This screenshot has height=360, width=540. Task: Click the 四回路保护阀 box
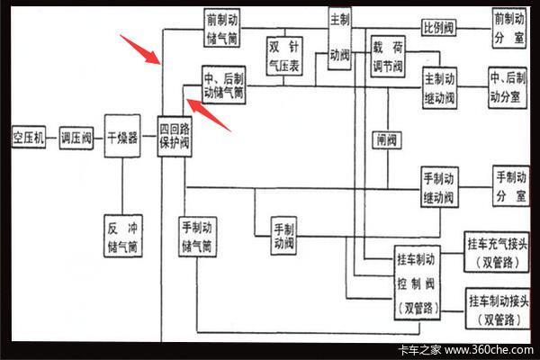(174, 137)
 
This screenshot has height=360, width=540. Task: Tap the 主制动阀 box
(339, 38)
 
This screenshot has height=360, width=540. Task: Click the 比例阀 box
(438, 26)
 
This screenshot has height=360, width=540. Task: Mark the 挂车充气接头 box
(499, 253)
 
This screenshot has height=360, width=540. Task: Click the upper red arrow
(143, 49)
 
